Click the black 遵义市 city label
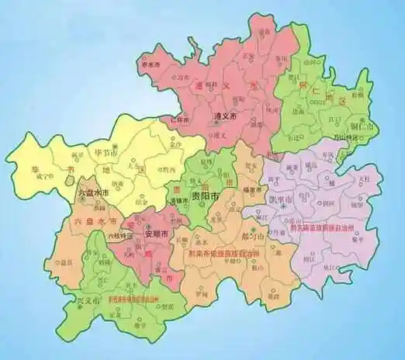226,116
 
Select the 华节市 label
106,152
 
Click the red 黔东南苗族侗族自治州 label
326,231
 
